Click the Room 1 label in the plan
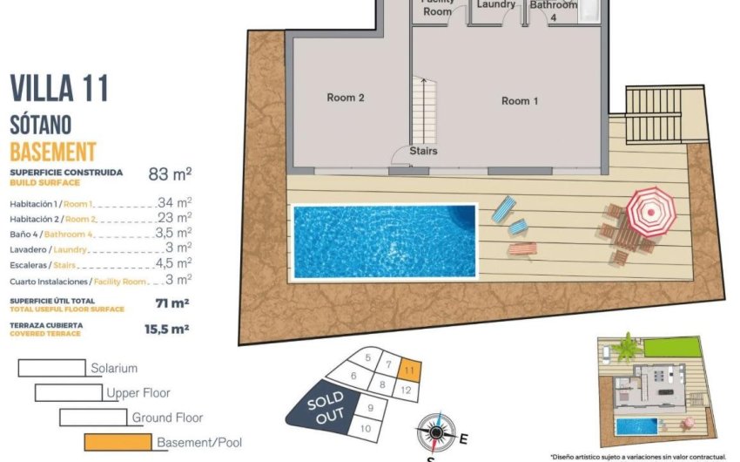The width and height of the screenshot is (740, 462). [520, 101]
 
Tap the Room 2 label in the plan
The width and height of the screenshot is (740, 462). [345, 98]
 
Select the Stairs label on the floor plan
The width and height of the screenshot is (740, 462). [423, 151]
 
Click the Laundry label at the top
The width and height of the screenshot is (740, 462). [496, 5]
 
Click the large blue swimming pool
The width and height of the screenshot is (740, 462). [384, 240]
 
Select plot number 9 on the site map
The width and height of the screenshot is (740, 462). [370, 407]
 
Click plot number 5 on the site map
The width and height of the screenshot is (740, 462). [368, 357]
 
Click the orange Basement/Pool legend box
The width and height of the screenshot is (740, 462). [118, 442]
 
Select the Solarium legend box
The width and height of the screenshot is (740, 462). [51, 368]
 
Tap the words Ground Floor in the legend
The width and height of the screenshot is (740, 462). [167, 418]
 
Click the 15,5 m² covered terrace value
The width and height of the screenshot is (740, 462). [166, 330]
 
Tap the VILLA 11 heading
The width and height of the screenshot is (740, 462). [59, 88]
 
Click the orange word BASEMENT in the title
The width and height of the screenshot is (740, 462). [52, 150]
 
